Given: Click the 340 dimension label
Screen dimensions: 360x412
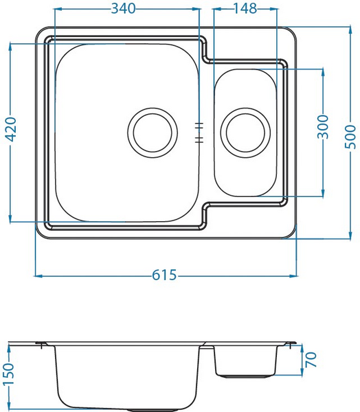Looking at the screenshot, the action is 123,8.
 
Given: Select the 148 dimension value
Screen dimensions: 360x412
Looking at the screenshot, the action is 245,8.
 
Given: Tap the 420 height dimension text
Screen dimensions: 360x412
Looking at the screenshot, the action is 11,129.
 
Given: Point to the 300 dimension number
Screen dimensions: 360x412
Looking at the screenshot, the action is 323,126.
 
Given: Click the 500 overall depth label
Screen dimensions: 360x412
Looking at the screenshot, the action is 350,137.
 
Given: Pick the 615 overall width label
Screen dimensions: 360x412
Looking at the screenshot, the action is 164,275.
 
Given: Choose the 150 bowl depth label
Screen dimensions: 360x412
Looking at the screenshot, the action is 9,374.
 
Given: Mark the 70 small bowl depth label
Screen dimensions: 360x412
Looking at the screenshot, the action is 311,360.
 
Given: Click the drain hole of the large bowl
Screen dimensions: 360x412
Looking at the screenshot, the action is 153,133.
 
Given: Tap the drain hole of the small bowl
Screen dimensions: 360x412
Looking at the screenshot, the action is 245,133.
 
